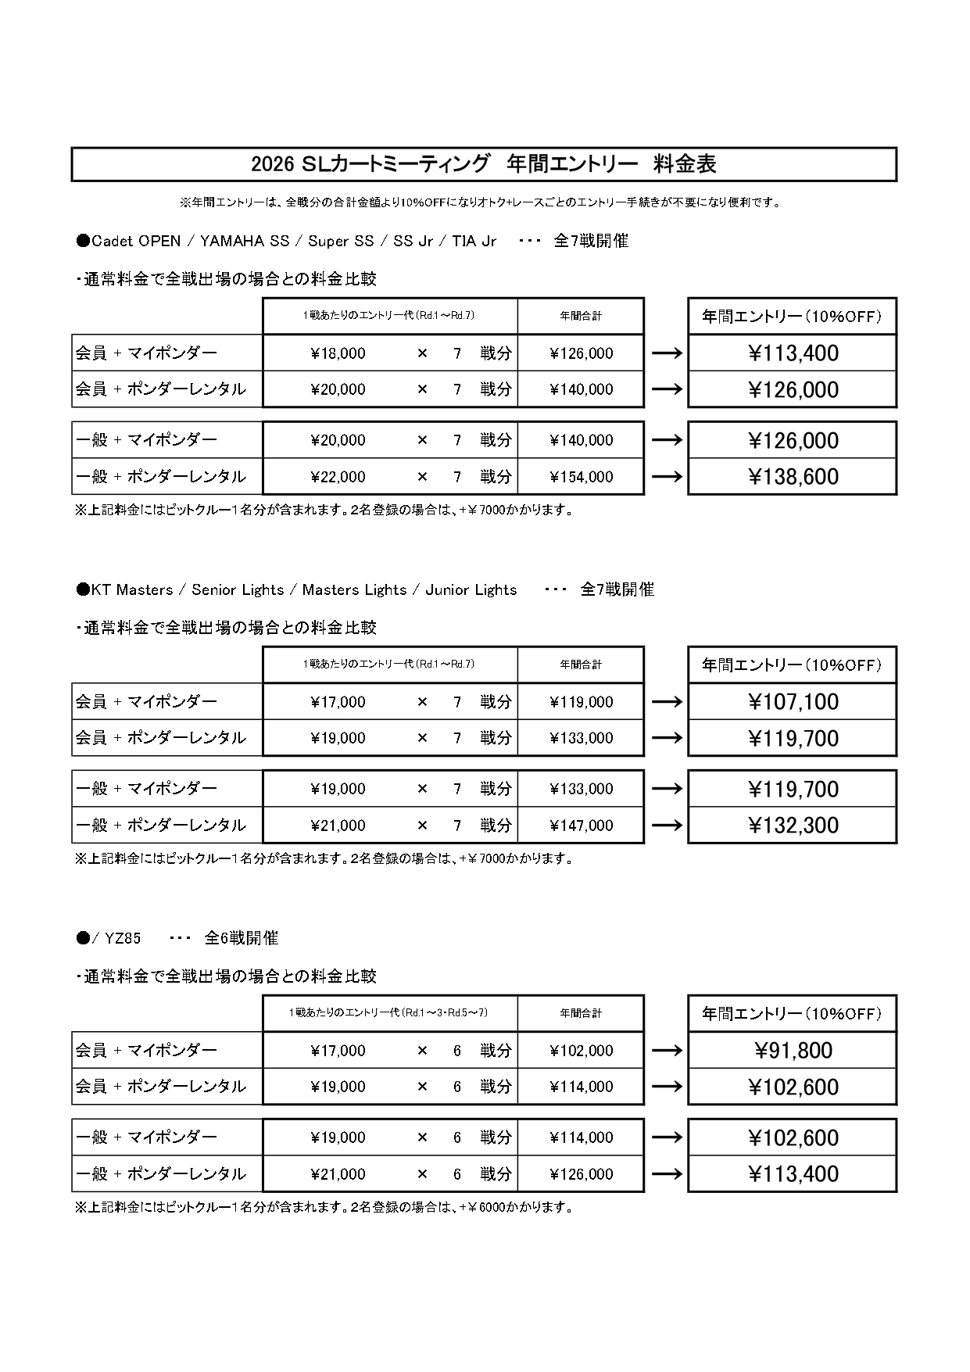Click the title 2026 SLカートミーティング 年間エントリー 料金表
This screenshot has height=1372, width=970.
point(484,164)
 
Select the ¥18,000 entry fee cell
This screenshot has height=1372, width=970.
point(338,353)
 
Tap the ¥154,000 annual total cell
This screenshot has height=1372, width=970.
point(581,477)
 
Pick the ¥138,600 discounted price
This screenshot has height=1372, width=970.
point(793,477)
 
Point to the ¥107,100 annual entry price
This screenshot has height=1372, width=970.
point(793,702)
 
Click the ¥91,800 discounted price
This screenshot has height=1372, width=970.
point(793,1051)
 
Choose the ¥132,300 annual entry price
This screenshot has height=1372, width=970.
point(793,826)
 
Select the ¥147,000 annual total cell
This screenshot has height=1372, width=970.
point(581,826)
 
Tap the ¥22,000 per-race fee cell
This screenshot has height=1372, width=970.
point(338,477)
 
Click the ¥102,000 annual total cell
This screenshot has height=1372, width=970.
point(581,1051)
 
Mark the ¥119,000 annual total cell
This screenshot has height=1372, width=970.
point(581,702)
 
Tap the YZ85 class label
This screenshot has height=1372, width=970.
point(122,938)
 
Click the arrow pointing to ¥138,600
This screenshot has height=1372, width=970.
point(666,477)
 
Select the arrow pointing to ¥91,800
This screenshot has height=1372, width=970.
point(666,1051)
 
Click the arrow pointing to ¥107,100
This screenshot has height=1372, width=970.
point(666,702)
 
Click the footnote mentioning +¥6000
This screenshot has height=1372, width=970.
point(324,1207)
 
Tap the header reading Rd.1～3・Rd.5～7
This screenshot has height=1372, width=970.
point(389,1013)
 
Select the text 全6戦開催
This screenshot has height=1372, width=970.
point(241,938)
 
